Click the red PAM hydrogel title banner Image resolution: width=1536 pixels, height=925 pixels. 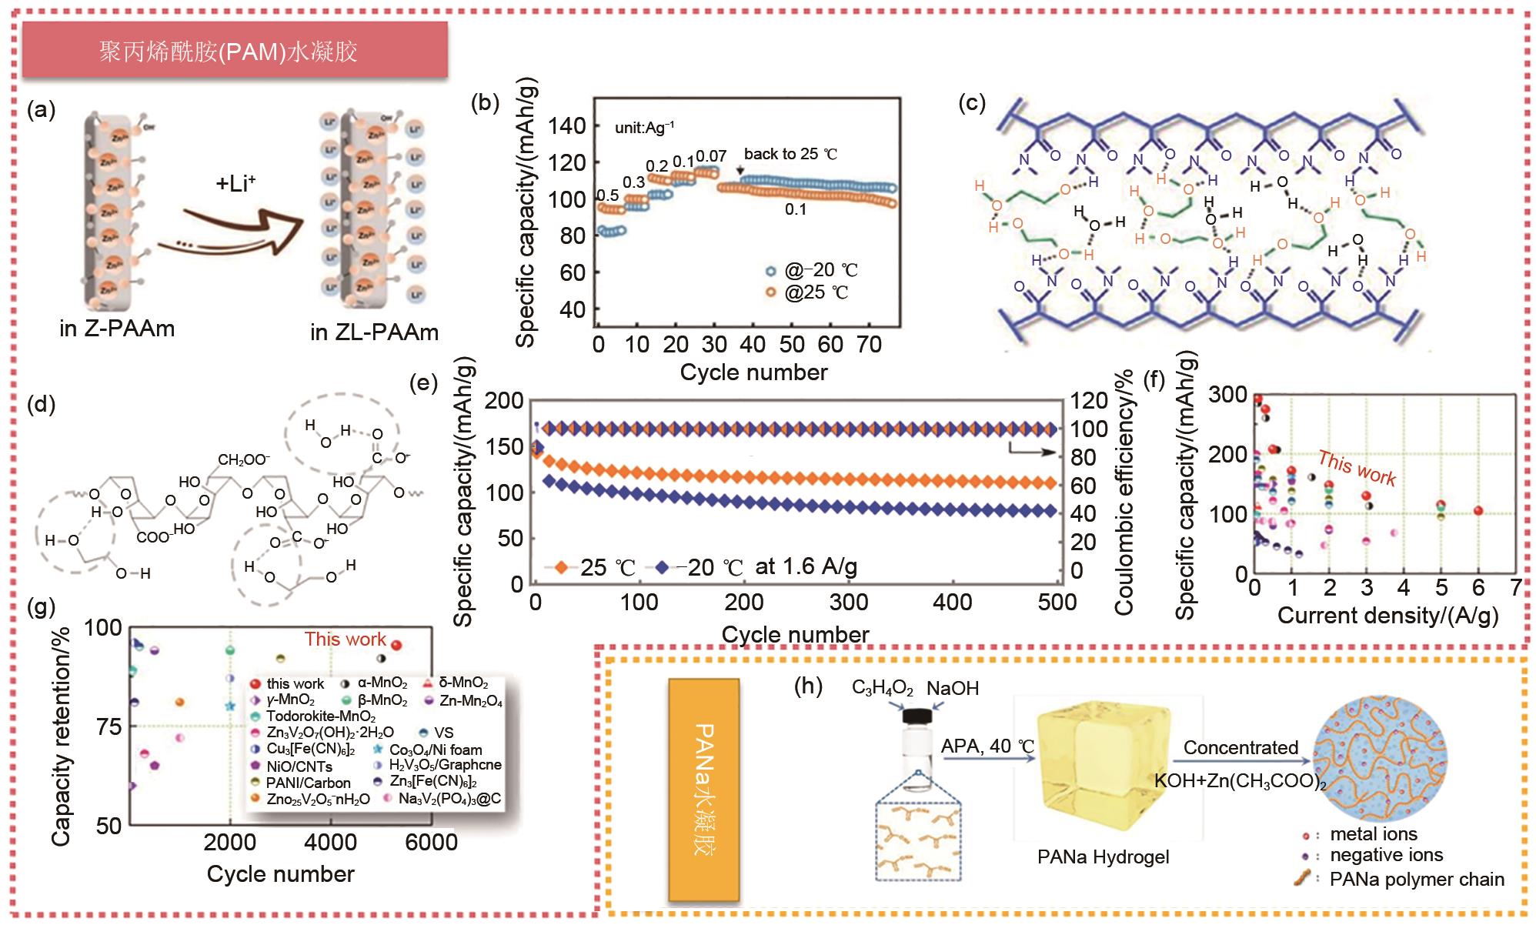(x=235, y=51)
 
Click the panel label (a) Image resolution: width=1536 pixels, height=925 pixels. (x=41, y=110)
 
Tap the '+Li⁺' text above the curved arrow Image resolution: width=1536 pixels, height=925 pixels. (x=235, y=183)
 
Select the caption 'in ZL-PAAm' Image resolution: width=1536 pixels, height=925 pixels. (x=374, y=332)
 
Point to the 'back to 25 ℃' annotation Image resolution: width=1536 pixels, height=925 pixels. (x=790, y=154)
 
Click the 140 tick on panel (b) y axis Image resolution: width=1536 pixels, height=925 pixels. (x=568, y=125)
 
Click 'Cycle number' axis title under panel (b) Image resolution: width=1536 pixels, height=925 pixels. (x=753, y=372)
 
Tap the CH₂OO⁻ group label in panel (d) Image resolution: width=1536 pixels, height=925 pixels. (x=244, y=459)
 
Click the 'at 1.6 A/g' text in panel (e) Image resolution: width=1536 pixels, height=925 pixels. (x=806, y=567)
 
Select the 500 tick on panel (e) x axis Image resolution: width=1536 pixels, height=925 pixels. (x=1057, y=602)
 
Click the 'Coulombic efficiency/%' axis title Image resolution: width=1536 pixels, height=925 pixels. (x=1124, y=493)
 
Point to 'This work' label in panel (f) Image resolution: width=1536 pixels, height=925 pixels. (x=1356, y=468)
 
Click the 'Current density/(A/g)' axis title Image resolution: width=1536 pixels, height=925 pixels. (x=1387, y=616)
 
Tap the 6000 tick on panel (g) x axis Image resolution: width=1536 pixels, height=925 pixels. (x=431, y=842)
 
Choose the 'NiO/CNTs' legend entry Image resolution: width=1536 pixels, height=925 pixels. (x=299, y=766)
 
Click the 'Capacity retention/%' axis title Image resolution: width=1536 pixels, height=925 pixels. (x=61, y=737)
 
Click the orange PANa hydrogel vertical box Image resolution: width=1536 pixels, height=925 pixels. (x=703, y=790)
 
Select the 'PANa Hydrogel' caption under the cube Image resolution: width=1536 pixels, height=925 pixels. (x=1103, y=857)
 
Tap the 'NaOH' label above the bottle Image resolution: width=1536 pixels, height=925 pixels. (x=953, y=688)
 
